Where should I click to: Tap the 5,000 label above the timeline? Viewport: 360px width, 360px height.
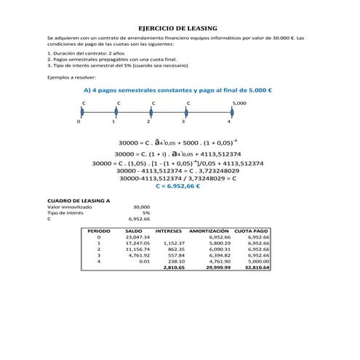click(x=239, y=104)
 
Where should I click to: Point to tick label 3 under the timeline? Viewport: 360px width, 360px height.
click(x=188, y=122)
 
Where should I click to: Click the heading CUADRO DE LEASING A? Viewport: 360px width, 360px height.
click(x=78, y=199)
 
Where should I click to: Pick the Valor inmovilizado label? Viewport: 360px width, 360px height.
click(x=70, y=206)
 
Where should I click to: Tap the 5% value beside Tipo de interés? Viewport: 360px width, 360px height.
click(x=145, y=212)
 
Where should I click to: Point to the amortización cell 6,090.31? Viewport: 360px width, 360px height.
click(x=219, y=249)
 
